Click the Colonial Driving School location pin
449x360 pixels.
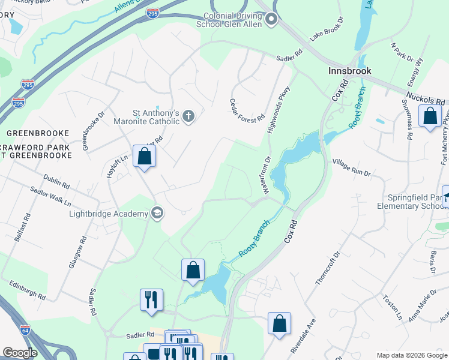tap(271, 20)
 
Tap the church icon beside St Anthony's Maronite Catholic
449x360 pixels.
tap(188, 116)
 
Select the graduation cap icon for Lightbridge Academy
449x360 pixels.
tap(157, 213)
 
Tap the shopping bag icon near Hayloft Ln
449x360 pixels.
tap(144, 157)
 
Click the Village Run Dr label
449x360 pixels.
tap(352, 167)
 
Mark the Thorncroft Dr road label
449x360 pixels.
tap(327, 268)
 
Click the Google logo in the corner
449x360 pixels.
tap(20, 353)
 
